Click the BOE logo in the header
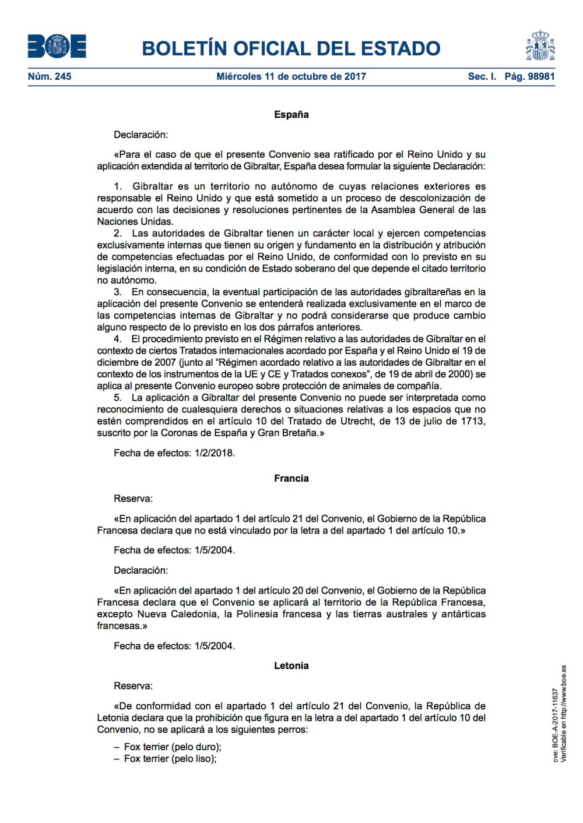pyautogui.click(x=57, y=47)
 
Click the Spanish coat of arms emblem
pyautogui.click(x=540, y=46)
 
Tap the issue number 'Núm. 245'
pyautogui.click(x=50, y=76)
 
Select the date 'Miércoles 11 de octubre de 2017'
pyautogui.click(x=291, y=76)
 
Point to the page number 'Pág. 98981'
pyautogui.click(x=529, y=76)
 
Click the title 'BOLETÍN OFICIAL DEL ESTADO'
pyautogui.click(x=291, y=48)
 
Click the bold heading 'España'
pyautogui.click(x=291, y=115)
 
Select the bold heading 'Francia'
pyautogui.click(x=291, y=478)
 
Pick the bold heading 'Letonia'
pyautogui.click(x=291, y=666)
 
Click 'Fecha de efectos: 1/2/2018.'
pyautogui.click(x=174, y=453)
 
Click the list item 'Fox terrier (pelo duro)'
pyautogui.click(x=172, y=747)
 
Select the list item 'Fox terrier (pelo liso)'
pyautogui.click(x=170, y=758)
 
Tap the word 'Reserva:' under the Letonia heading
pyautogui.click(x=133, y=686)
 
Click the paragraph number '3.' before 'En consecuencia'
pyautogui.click(x=118, y=292)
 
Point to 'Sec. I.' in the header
pyautogui.click(x=482, y=76)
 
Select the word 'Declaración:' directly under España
pyautogui.click(x=141, y=135)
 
